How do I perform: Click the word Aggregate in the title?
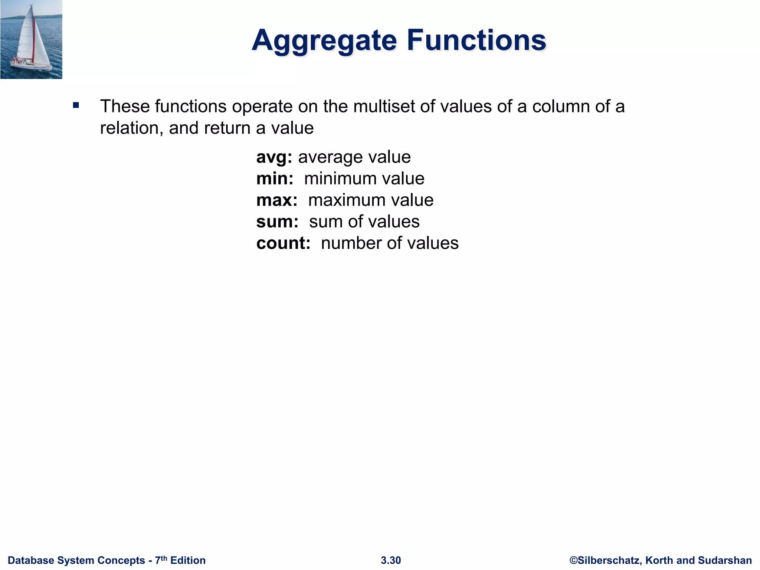324,40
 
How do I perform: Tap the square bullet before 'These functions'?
76,105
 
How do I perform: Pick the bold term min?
275,178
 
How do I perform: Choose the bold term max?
277,200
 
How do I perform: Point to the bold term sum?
277,222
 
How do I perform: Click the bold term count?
283,243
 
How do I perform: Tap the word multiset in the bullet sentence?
383,107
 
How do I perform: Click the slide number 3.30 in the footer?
391,560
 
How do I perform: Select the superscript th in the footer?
164,558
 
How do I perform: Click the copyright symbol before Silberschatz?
573,560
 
